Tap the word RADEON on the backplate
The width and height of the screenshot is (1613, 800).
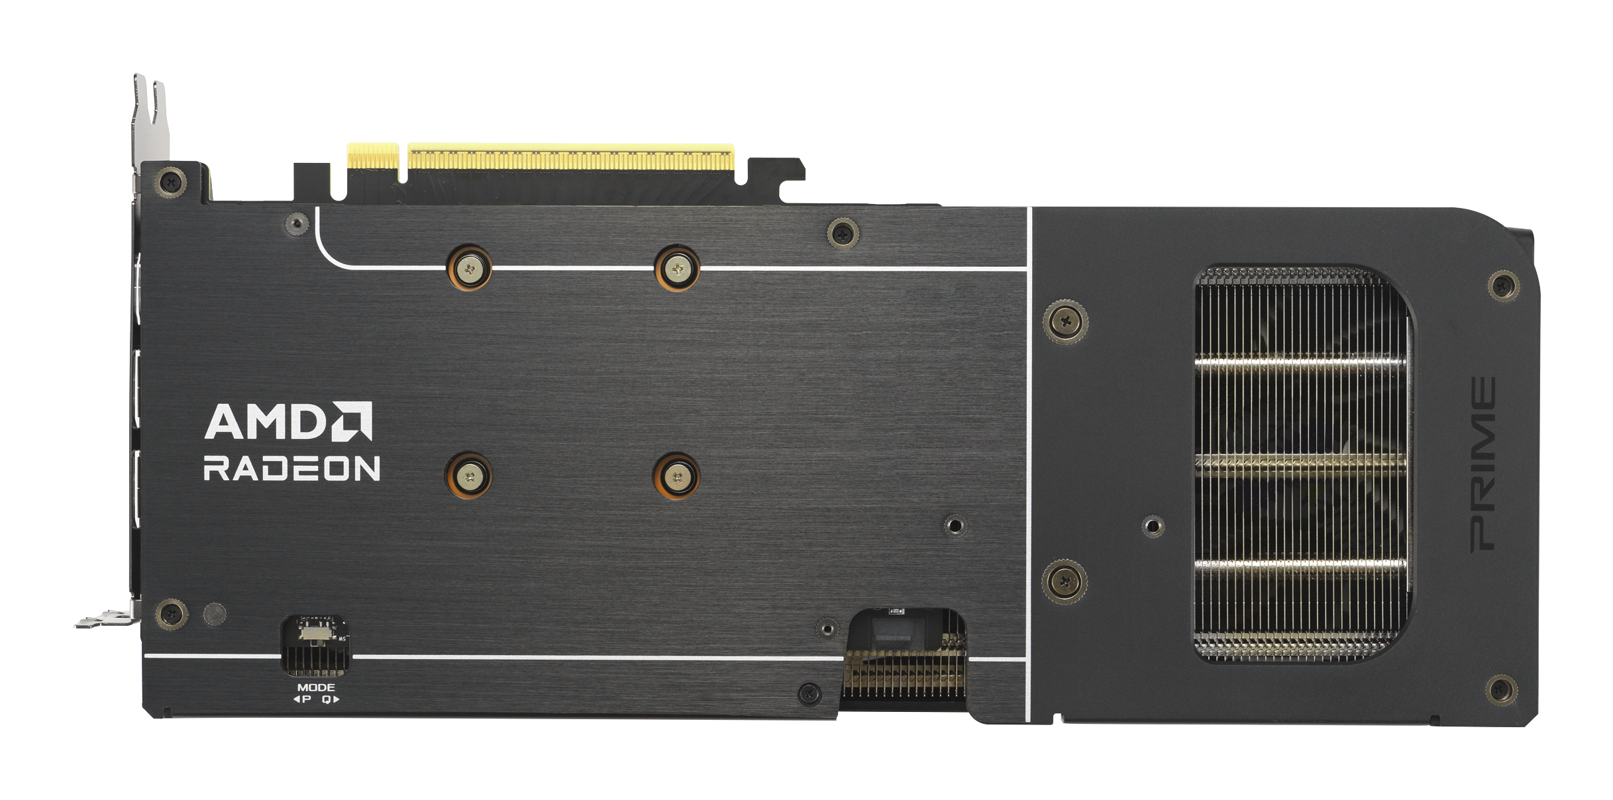[291, 468]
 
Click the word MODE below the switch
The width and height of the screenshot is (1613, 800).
[316, 687]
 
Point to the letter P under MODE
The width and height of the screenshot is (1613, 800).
[306, 699]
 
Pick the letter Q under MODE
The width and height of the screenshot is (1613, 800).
[327, 699]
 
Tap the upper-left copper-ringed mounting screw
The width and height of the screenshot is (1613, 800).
[470, 269]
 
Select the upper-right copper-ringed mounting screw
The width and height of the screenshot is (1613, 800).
[677, 269]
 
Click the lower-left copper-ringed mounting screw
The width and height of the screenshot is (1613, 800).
[469, 475]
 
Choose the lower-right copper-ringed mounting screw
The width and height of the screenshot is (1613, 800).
[676, 476]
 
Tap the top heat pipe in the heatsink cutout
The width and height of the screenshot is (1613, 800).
[1300, 364]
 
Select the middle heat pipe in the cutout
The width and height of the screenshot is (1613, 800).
[1300, 464]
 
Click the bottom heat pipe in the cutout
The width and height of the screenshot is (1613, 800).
[1300, 565]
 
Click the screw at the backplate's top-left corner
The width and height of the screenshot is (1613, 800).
[171, 179]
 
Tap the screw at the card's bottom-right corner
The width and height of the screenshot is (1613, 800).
[1502, 691]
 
